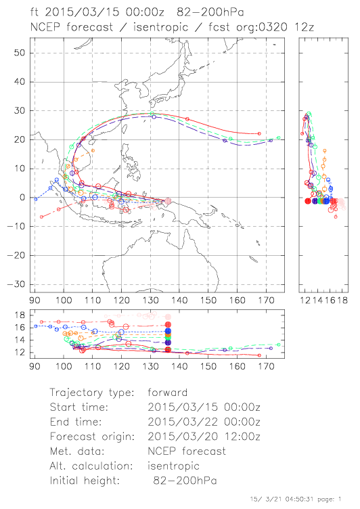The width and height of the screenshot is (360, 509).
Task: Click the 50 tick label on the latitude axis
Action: pos(20,53)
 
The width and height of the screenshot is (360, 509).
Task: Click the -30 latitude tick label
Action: pos(16,284)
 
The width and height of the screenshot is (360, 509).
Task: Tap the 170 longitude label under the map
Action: pos(266,301)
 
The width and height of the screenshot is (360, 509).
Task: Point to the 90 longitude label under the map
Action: pos(35,301)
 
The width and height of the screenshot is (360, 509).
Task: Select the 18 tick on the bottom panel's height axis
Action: pos(20,315)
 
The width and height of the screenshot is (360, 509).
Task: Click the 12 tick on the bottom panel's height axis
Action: pos(20,353)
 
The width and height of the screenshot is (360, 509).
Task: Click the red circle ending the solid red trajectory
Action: pos(259,133)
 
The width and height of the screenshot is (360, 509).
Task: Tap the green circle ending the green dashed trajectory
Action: pos(279,137)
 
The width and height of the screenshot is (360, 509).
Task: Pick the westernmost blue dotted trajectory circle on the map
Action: pos(36,199)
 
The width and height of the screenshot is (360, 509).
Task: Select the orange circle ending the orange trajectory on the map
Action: pos(93,151)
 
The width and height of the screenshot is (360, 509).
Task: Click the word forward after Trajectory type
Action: pos(168,393)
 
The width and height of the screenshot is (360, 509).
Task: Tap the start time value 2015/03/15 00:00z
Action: pos(204,407)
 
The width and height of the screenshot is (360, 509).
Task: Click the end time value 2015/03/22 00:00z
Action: pos(204,422)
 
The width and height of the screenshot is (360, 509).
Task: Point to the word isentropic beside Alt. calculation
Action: pos(173,466)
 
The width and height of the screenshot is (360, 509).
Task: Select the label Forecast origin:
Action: pos(92,437)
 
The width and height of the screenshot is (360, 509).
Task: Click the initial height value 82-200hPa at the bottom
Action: pos(185,481)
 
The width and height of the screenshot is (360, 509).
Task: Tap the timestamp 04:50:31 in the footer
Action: pos(299,499)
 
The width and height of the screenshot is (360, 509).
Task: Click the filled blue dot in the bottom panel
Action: pos(168,331)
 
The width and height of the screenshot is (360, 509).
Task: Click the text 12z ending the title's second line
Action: pos(305,27)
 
